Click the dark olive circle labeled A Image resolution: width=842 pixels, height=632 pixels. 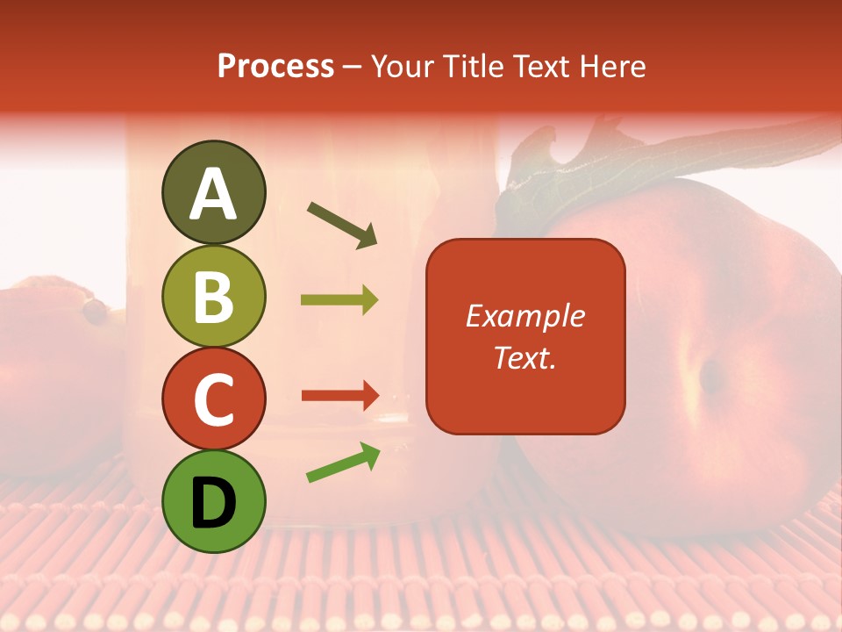pyautogui.click(x=214, y=192)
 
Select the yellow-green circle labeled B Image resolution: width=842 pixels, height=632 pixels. pyautogui.click(x=214, y=296)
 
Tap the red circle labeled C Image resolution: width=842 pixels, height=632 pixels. pyautogui.click(x=214, y=399)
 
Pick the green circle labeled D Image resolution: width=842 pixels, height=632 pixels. pyautogui.click(x=214, y=501)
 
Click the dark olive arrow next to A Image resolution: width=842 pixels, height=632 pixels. pyautogui.click(x=342, y=225)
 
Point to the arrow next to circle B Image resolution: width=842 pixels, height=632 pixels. pyautogui.click(x=339, y=300)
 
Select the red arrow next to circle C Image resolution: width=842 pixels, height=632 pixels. pyautogui.click(x=339, y=396)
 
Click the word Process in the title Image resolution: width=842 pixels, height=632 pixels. pyautogui.click(x=275, y=67)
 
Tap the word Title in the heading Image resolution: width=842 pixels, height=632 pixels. pyautogui.click(x=471, y=67)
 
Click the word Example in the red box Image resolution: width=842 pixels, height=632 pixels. pyautogui.click(x=524, y=316)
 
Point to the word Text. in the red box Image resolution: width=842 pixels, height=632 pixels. pyautogui.click(x=524, y=357)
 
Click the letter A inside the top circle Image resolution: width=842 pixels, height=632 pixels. pyautogui.click(x=214, y=194)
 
